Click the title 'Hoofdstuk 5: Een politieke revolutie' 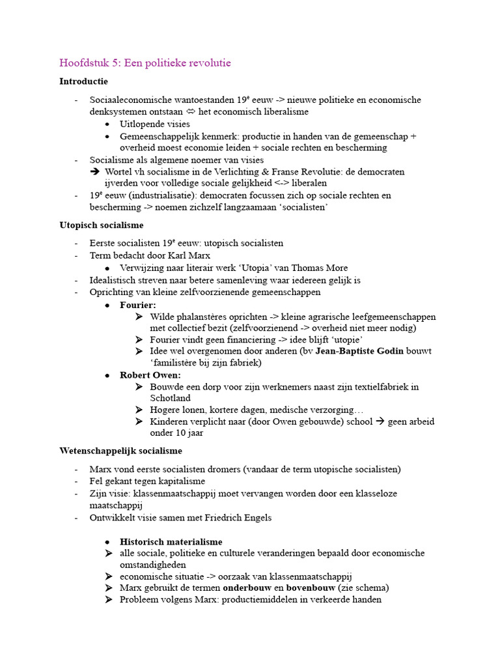(145, 63)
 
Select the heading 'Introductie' (83, 81)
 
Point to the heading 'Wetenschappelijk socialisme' (120, 451)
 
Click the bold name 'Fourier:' (138, 305)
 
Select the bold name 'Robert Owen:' (150, 375)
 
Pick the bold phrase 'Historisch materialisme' (171, 542)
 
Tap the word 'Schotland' (170, 397)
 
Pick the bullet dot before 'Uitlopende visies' (107, 124)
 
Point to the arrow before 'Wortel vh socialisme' (94, 172)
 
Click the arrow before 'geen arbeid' (382, 421)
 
